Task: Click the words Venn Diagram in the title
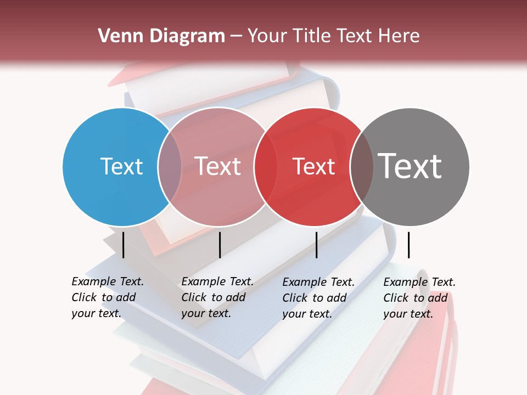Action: pyautogui.click(x=161, y=36)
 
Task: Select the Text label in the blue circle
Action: pyautogui.click(x=121, y=166)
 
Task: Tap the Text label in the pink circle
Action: pyautogui.click(x=217, y=166)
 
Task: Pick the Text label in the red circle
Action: pyautogui.click(x=313, y=166)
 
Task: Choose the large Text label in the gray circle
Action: pyautogui.click(x=410, y=166)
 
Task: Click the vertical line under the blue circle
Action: pyautogui.click(x=123, y=245)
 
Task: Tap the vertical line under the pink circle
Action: pyautogui.click(x=220, y=245)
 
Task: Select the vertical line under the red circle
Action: pyautogui.click(x=316, y=245)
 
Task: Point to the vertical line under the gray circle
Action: pyautogui.click(x=408, y=245)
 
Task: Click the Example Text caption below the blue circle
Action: pyautogui.click(x=108, y=281)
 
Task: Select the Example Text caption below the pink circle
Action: pyautogui.click(x=217, y=281)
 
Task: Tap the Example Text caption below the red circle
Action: pyautogui.click(x=318, y=282)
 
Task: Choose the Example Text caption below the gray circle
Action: pyautogui.click(x=419, y=282)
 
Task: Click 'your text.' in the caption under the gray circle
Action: pyautogui.click(x=408, y=314)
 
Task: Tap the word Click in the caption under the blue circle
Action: pyautogui.click(x=83, y=297)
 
